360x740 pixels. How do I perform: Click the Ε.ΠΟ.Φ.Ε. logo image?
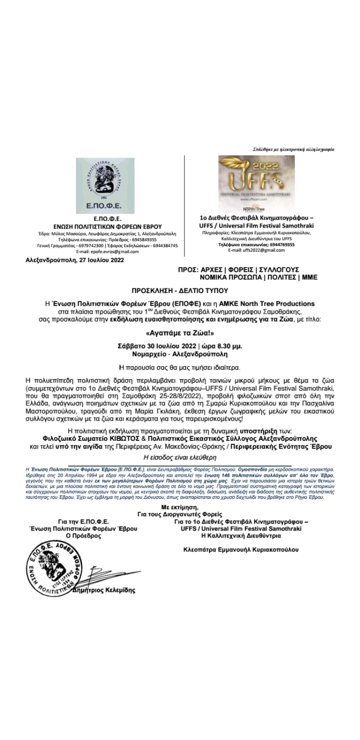[x=105, y=185]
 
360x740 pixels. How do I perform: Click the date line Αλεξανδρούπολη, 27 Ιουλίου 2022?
[x=75, y=260]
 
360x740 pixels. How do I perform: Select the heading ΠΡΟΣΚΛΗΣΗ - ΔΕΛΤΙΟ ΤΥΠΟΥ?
[x=179, y=290]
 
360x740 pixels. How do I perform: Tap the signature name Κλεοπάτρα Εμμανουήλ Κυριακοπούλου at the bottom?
[x=241, y=549]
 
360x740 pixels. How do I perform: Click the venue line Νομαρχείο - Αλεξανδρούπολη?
[x=179, y=354]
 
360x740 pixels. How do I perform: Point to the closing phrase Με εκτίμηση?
[x=179, y=508]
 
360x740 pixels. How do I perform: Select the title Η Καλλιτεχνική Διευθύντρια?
[x=241, y=535]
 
